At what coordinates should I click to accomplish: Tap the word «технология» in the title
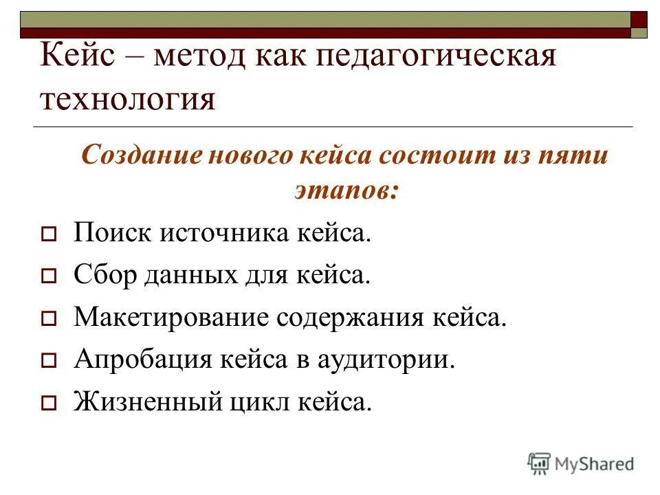pos(128,100)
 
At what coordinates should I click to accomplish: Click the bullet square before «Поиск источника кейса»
pos(49,235)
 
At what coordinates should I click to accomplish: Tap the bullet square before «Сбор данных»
pos(49,277)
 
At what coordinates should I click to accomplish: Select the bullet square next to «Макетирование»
pos(49,319)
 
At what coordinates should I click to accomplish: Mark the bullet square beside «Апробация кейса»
pos(49,361)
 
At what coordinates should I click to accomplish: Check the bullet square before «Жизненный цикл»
pos(49,404)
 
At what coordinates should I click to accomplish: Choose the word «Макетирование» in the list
pos(171,318)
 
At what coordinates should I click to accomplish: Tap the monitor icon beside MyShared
pos(539,463)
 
